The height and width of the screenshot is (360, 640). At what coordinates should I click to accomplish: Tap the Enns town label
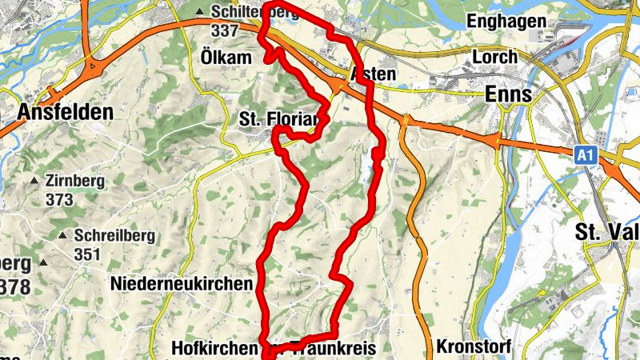pos(508,94)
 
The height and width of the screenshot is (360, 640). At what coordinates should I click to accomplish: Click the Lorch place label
pos(495,58)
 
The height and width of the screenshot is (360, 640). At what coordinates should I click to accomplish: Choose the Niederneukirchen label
pos(182,283)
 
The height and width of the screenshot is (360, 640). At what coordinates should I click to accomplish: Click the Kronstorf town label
pos(474,347)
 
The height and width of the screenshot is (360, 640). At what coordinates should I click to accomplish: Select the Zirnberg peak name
pos(75,181)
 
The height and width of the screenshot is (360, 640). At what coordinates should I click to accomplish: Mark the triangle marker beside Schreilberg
pos(62,236)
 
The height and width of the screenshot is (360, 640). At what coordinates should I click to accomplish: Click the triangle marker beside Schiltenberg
pos(200,11)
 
